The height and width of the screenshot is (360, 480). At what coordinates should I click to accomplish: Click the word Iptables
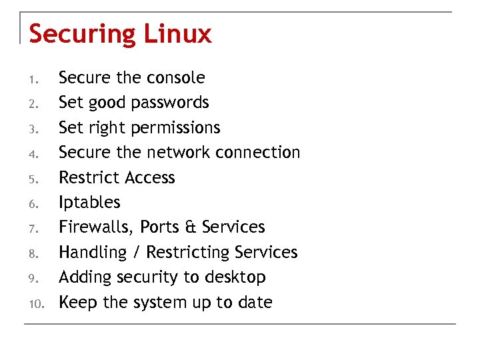[89, 202]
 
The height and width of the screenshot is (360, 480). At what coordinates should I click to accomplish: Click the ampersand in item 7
[189, 227]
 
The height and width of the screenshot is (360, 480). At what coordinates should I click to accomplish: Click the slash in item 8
[136, 253]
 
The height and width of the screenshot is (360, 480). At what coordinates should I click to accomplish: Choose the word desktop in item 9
[235, 277]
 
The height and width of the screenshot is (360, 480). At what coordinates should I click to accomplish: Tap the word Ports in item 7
[160, 227]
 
